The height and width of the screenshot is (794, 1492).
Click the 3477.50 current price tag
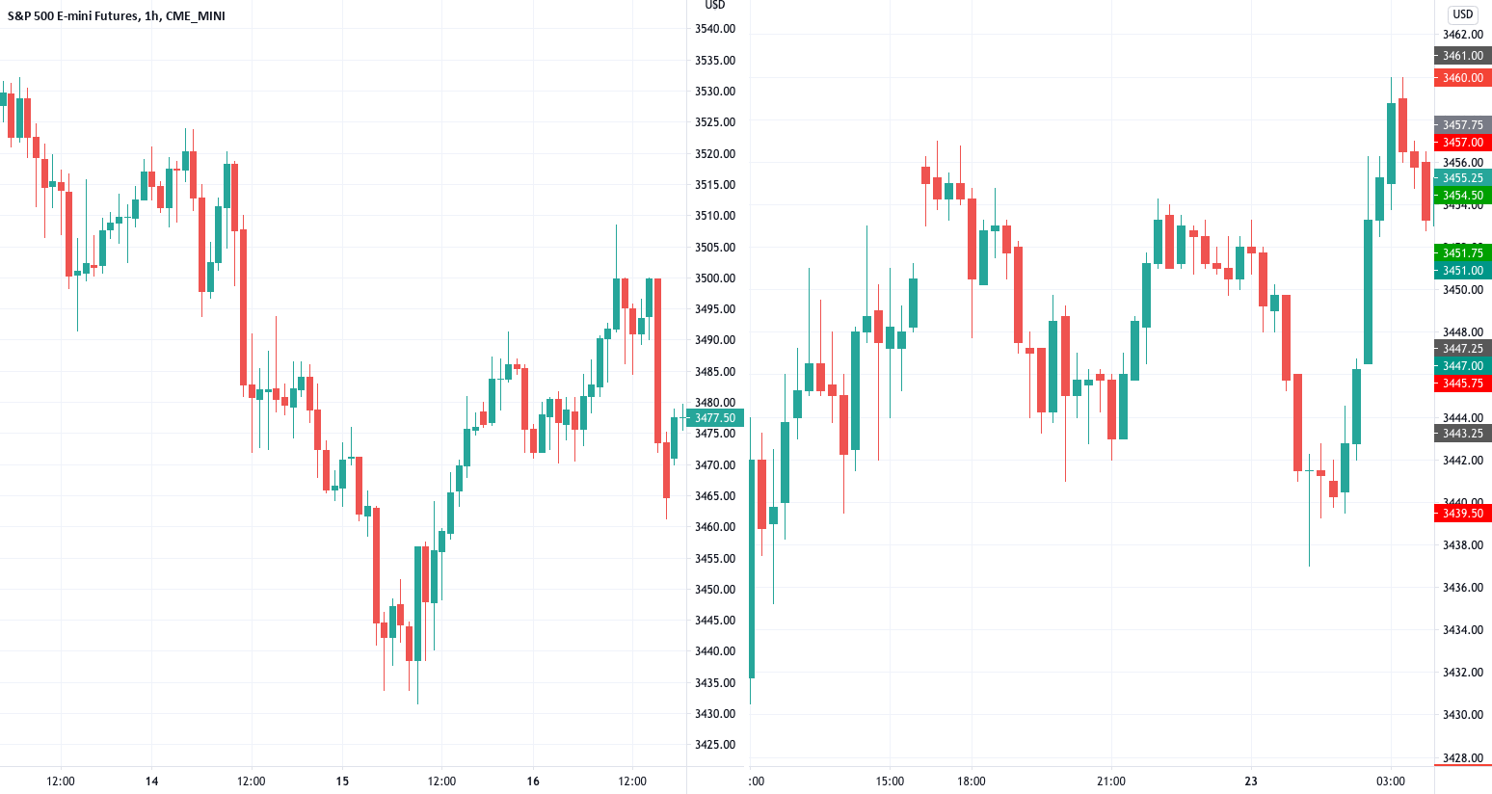715,418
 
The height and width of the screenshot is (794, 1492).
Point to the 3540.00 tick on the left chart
715,29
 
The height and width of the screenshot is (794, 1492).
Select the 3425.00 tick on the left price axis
715,745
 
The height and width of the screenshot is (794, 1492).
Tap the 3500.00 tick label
715,278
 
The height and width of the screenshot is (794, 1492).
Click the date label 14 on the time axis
151,781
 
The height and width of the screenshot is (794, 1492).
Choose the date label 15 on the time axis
342,781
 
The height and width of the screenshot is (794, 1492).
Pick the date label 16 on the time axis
533,781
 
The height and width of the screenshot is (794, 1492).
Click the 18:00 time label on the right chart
972,781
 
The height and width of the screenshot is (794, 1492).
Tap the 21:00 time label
1111,781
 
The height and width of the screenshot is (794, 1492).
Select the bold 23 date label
1251,781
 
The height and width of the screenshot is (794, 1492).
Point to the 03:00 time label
1391,781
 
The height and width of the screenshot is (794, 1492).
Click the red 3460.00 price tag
1463,78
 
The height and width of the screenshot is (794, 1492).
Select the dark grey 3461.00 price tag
1463,56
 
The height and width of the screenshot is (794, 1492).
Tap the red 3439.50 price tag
1463,514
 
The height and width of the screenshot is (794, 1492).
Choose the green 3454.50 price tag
1463,196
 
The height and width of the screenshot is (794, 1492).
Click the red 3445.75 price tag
1463,384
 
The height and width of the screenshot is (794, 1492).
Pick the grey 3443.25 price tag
1463,434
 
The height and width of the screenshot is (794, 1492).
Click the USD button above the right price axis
1463,14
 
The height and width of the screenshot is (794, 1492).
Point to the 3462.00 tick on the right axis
1463,35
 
